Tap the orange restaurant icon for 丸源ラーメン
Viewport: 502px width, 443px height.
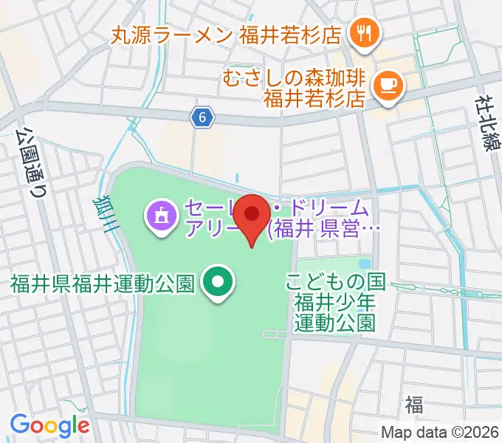tap(363, 32)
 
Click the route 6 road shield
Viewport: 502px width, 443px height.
tap(203, 116)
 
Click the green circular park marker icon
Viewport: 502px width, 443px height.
tap(219, 282)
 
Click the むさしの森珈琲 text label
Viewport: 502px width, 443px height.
tap(294, 77)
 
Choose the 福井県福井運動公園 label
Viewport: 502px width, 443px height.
tap(102, 283)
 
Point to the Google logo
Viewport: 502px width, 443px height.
tap(49, 425)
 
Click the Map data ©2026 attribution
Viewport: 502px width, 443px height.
tap(441, 433)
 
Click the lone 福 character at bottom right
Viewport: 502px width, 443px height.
tap(413, 404)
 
